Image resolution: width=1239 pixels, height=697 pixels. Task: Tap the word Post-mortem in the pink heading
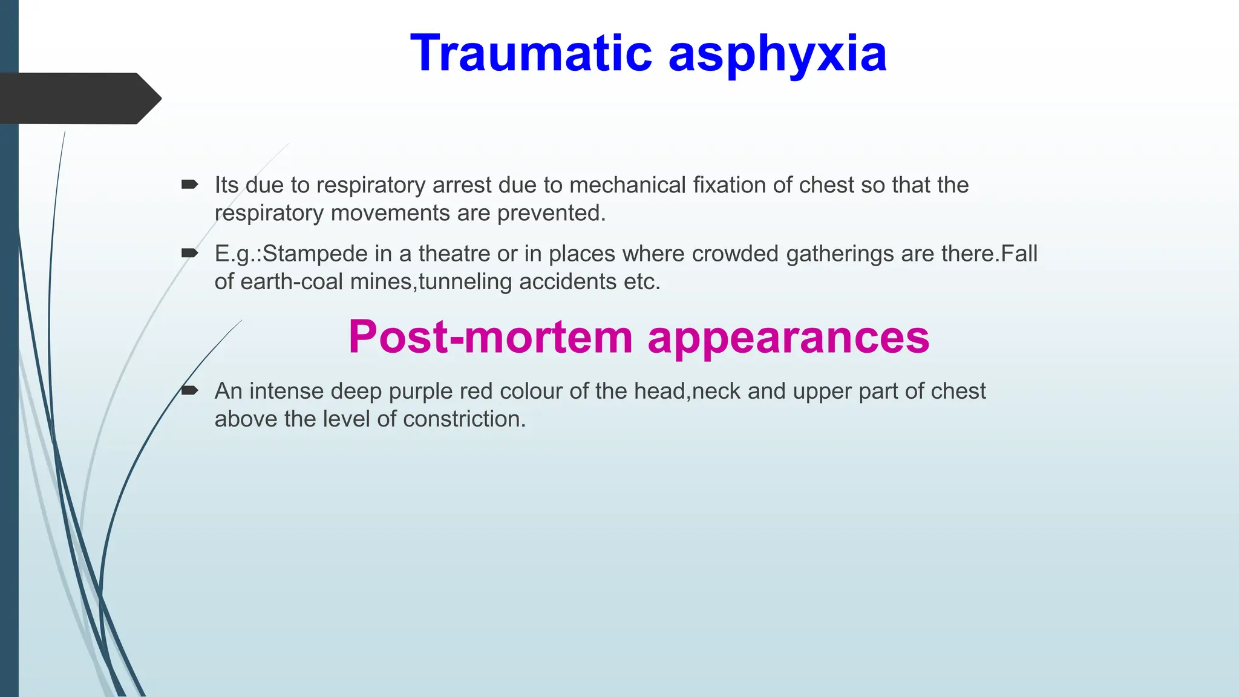click(490, 337)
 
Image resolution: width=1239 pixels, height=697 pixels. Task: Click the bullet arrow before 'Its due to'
click(189, 184)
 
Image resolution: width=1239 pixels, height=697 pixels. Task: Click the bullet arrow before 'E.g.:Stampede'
click(189, 253)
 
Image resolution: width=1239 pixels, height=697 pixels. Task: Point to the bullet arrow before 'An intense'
click(189, 390)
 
